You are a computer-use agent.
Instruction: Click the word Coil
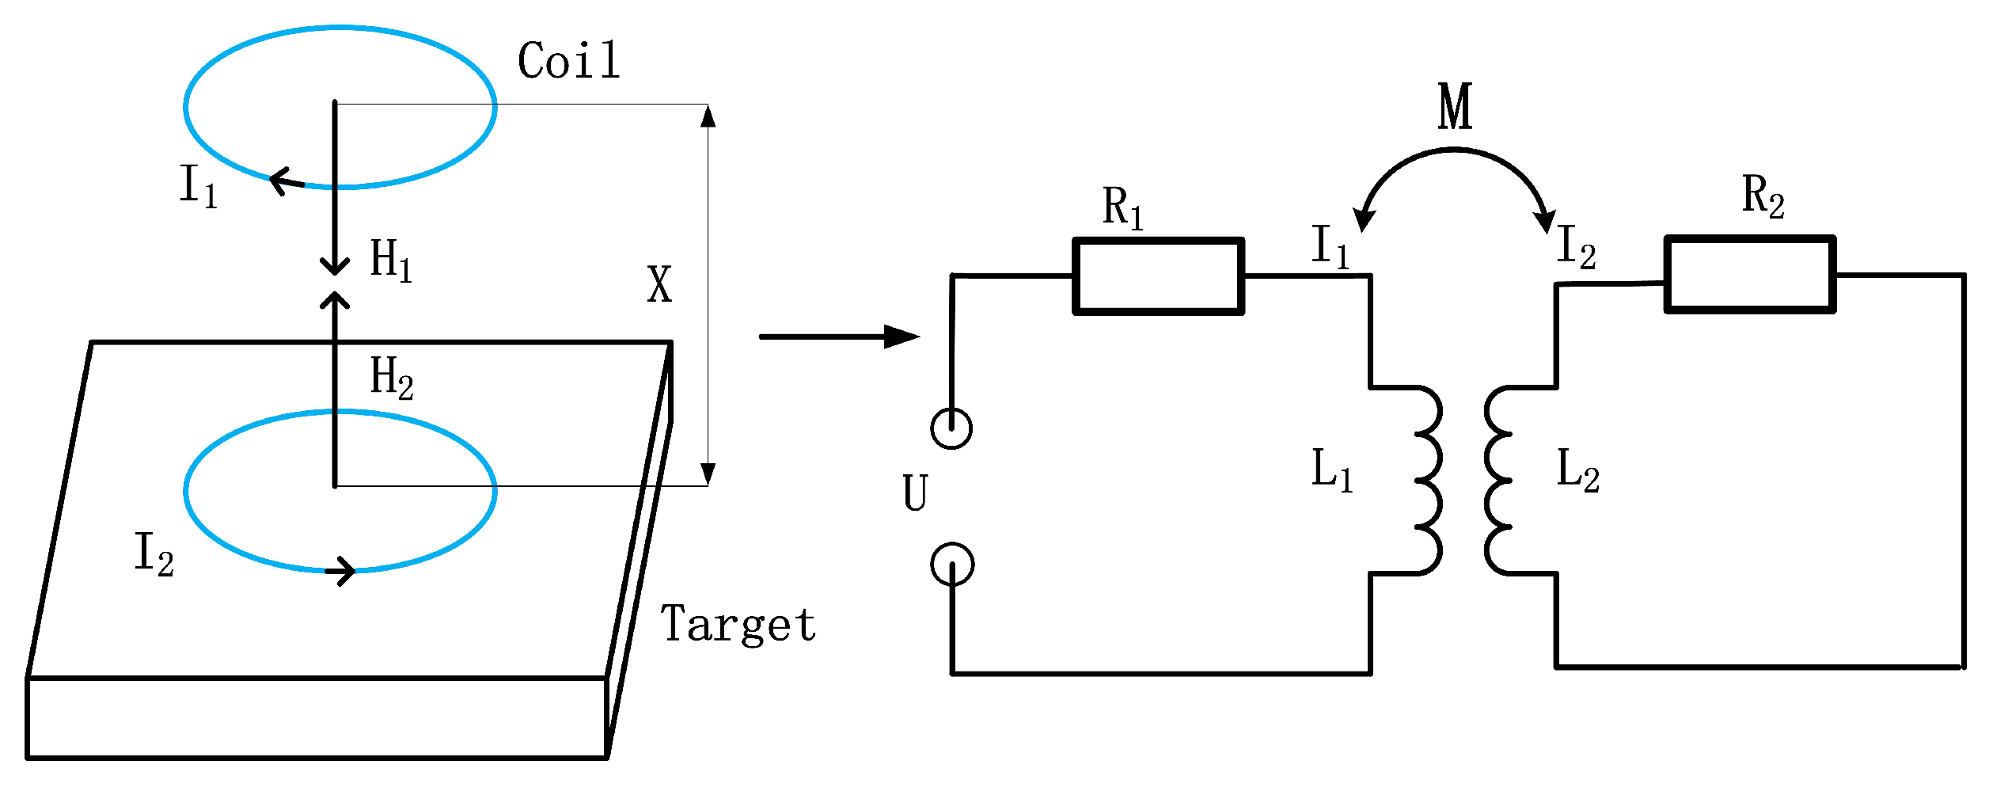tap(568, 60)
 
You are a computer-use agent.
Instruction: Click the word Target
tap(738, 624)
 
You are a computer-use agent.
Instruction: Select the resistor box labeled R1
tap(1157, 276)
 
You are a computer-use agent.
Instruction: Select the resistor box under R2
tap(1749, 275)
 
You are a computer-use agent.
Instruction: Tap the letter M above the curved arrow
tap(1455, 106)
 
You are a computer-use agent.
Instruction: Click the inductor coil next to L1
tap(1427, 480)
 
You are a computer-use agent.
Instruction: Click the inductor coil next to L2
tap(1498, 480)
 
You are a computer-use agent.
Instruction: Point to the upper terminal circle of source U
tap(951, 428)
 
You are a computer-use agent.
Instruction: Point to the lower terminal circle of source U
tap(952, 565)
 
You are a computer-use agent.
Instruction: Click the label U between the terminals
tap(915, 493)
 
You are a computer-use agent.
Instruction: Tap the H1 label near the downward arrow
tap(390, 260)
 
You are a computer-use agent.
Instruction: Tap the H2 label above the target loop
tap(391, 377)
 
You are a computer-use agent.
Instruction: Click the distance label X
tap(659, 284)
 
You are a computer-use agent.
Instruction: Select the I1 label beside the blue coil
tap(198, 185)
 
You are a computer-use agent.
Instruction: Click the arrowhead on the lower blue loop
tap(342, 570)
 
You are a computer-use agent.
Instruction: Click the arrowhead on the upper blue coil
tap(283, 181)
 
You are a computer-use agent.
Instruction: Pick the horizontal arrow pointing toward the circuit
tap(839, 337)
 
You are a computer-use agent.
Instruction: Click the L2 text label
tap(1577, 470)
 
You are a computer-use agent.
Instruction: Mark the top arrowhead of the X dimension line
tap(708, 116)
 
